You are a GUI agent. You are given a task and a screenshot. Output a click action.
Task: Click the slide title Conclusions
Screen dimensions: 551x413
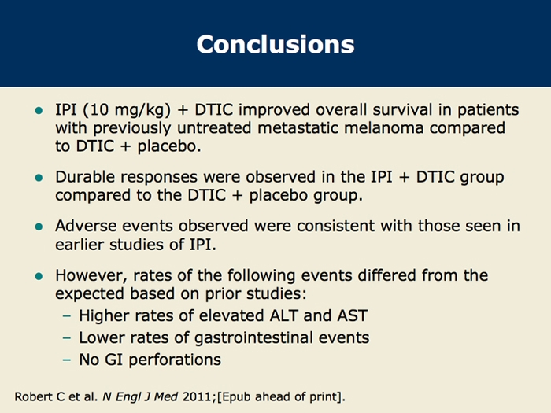tap(275, 45)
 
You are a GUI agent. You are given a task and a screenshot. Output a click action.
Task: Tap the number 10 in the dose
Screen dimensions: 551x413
tap(99, 110)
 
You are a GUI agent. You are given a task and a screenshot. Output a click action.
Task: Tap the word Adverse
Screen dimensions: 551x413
tap(86, 226)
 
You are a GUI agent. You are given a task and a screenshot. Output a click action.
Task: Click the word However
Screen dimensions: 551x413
tap(91, 275)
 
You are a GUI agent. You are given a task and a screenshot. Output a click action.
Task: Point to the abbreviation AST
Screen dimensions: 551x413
tap(353, 315)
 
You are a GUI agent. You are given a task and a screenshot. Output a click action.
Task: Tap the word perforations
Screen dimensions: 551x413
tap(175, 360)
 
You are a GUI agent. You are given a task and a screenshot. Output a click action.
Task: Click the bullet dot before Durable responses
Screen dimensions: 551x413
tap(39, 178)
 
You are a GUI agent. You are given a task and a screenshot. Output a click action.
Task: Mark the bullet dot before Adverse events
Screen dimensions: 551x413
tap(39, 227)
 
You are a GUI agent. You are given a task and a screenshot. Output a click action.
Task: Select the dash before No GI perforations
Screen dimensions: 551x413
tap(67, 360)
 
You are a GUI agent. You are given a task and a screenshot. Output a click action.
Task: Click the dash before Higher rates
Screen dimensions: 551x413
tap(67, 315)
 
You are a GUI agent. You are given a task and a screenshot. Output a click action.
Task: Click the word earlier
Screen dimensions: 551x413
tap(80, 245)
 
